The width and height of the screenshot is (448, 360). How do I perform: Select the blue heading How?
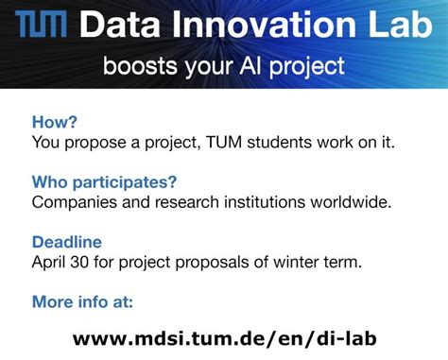54,122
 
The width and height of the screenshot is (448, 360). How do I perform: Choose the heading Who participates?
104,181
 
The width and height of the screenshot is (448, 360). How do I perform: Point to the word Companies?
74,202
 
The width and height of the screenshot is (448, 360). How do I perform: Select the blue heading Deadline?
66,242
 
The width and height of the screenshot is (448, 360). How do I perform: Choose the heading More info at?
82,301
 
